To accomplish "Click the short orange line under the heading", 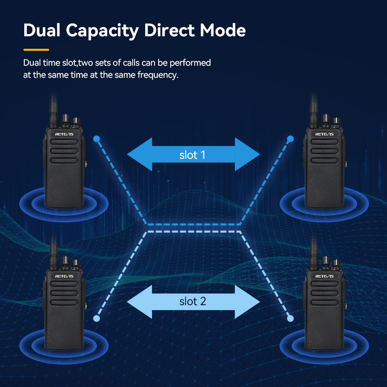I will [x=36, y=50].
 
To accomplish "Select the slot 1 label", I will [x=192, y=155].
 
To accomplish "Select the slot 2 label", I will [x=192, y=301].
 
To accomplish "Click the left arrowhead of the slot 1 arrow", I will [x=139, y=154].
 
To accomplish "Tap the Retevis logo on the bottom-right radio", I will [x=325, y=276].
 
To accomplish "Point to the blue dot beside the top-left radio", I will [x=96, y=139].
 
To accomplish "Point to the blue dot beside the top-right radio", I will [x=290, y=139].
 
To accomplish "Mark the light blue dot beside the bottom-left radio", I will [x=96, y=318].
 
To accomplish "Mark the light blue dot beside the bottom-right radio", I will [x=290, y=318].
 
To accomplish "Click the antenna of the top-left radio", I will [x=53, y=109].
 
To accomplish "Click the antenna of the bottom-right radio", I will [x=313, y=252].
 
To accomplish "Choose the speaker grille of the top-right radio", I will [x=325, y=152].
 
